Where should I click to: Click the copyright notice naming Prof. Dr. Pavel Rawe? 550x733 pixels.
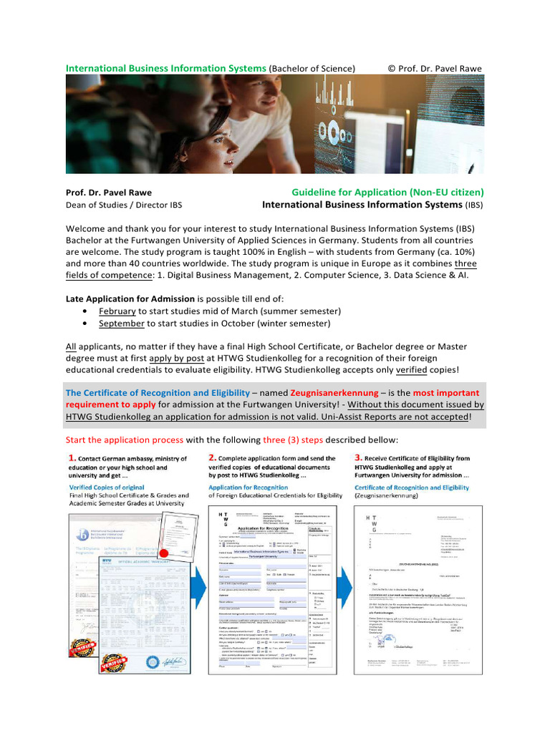pos(435,68)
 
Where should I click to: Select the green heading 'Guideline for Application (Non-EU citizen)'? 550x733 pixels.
pos(387,192)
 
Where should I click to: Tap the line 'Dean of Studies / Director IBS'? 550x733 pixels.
pos(124,205)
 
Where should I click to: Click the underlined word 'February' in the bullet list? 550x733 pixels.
pos(117,311)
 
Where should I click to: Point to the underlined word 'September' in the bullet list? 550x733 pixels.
pos(122,324)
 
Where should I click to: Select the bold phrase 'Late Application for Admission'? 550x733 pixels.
pos(130,298)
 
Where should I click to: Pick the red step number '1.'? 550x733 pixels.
pos(72,458)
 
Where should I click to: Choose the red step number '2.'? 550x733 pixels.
pos(213,457)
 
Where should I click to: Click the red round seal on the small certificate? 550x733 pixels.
pos(164,553)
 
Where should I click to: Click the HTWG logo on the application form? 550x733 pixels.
pos(221,520)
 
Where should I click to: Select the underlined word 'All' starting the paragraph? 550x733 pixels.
pos(72,345)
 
